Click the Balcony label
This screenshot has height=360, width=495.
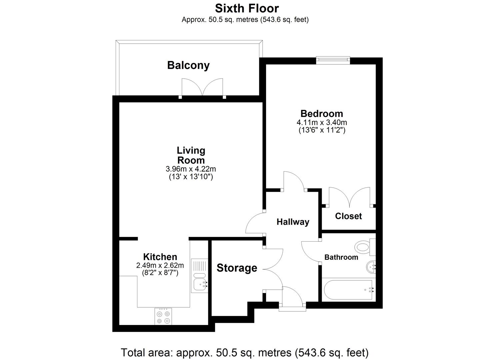pos(188,65)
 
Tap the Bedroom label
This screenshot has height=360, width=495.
pos(321,114)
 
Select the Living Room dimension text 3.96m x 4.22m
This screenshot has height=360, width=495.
pos(191,169)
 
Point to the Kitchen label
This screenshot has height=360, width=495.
pos(160,257)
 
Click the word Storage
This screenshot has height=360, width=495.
pos(237,268)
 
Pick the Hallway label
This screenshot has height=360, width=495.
pos(293,222)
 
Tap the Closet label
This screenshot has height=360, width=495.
pos(348,216)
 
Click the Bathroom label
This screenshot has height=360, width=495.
pos(341,257)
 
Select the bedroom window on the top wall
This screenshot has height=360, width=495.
pos(333,60)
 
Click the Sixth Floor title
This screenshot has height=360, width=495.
pos(247,8)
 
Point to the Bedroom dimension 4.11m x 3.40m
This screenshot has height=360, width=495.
pos(321,123)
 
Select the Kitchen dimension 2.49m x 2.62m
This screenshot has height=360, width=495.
pos(160,266)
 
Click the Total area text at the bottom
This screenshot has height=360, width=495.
pos(245,352)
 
